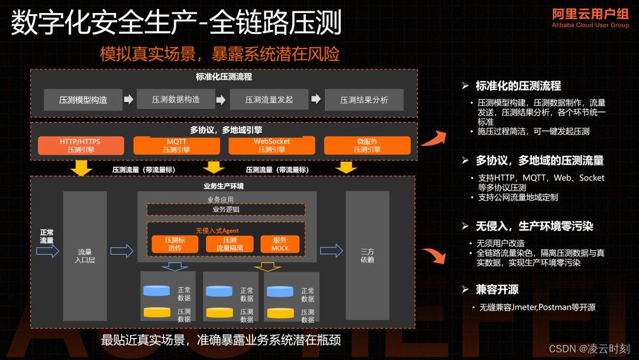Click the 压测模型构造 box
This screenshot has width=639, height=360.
[83, 100]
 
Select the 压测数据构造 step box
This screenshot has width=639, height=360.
[176, 99]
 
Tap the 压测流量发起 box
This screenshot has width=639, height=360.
[269, 99]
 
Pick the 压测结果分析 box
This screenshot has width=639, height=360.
[364, 100]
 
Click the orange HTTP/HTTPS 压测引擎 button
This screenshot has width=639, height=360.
[80, 146]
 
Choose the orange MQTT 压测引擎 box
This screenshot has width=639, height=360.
[176, 146]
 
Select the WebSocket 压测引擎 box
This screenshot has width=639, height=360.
[272, 146]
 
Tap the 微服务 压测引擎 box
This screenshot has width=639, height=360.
[367, 146]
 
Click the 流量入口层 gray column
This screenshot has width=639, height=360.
[85, 256]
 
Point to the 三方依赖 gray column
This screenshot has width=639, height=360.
[367, 256]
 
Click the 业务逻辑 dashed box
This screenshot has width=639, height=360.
[225, 209]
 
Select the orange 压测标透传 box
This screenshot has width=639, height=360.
[175, 244]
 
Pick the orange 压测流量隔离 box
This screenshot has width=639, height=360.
[230, 244]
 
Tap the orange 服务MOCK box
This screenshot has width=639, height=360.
[280, 244]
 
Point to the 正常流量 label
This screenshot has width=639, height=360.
[47, 236]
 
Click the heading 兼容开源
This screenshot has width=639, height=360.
[497, 290]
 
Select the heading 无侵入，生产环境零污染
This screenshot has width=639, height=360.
[534, 226]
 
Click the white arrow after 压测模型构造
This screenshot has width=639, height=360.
[128, 99]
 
